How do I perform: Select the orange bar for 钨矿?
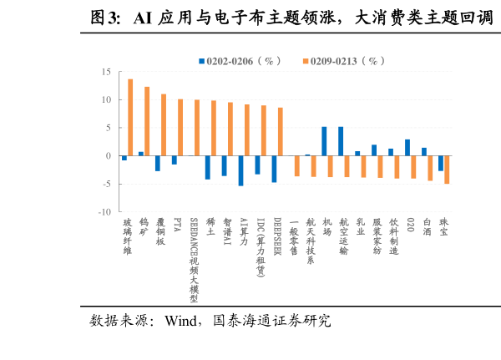click(147, 121)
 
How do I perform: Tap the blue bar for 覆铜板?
click(157, 164)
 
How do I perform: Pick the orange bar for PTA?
click(180, 128)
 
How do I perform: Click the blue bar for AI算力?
click(240, 170)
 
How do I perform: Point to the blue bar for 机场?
click(324, 141)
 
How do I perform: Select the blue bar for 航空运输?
click(341, 141)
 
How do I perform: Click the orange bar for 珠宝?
click(447, 170)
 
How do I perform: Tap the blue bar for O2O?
click(407, 148)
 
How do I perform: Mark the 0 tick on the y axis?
click(109, 156)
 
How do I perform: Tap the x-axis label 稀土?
click(210, 228)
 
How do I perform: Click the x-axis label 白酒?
click(428, 228)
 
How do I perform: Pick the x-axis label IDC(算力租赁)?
click(261, 247)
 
